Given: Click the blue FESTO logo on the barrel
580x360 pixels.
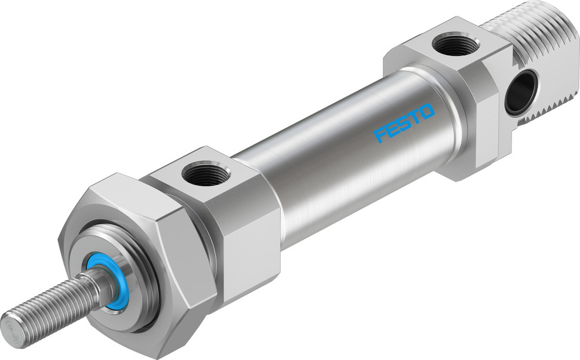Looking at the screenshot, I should point(404,122).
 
